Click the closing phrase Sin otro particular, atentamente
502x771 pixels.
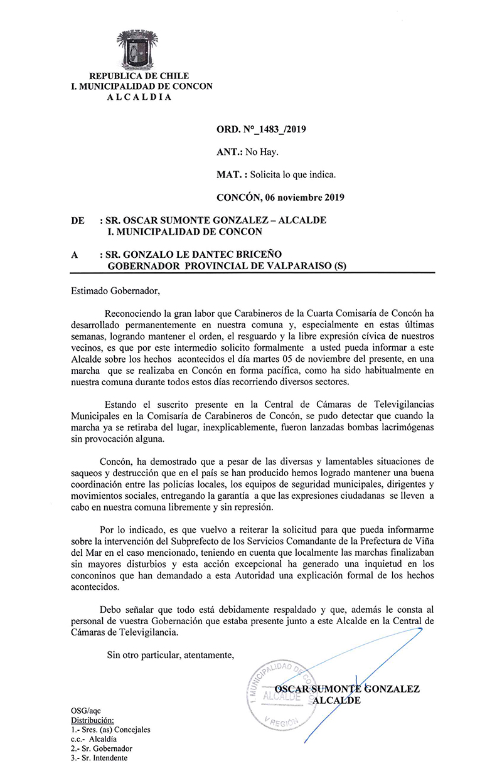[x=171, y=656]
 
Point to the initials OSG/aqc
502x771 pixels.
[x=85, y=711]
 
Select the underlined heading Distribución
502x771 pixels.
[x=92, y=720]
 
